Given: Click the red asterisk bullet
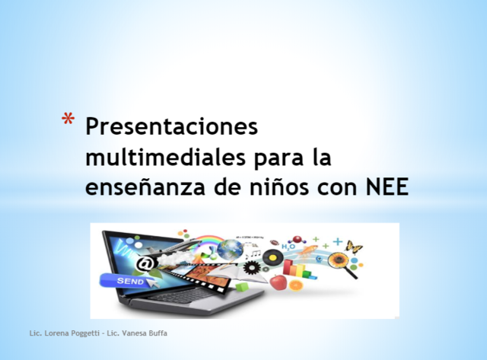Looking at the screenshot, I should pyautogui.click(x=68, y=119).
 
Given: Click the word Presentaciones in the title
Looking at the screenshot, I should pyautogui.click(x=172, y=126).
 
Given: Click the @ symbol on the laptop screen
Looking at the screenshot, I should pyautogui.click(x=143, y=263).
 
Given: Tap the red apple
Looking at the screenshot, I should pyautogui.click(x=279, y=282).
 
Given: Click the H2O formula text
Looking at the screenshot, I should pyautogui.click(x=290, y=245).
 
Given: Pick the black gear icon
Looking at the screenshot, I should pyautogui.click(x=250, y=267).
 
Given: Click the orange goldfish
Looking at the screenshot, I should pyautogui.click(x=295, y=285).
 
